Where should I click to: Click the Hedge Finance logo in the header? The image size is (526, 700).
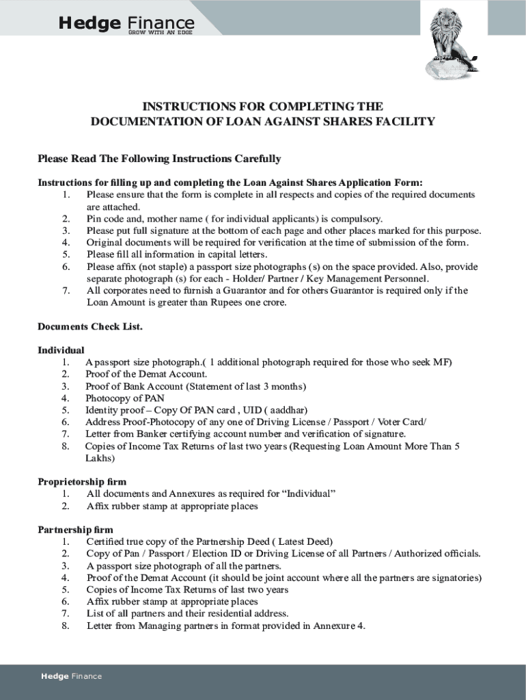pos(126,24)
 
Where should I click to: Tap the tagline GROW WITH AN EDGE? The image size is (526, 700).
pos(160,33)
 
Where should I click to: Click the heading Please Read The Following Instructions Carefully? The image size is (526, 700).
pos(159,159)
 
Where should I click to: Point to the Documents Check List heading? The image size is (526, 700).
pos(89,326)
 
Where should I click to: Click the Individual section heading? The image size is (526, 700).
pos(61,350)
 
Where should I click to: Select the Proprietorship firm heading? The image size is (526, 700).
pos(82,482)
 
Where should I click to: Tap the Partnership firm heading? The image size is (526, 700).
pos(75,530)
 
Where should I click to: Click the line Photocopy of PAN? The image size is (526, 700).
pos(125,398)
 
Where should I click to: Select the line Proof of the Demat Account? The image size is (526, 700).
pos(146,374)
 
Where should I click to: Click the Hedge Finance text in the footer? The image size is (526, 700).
pos(71,676)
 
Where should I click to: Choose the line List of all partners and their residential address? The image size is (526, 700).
pos(187,613)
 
